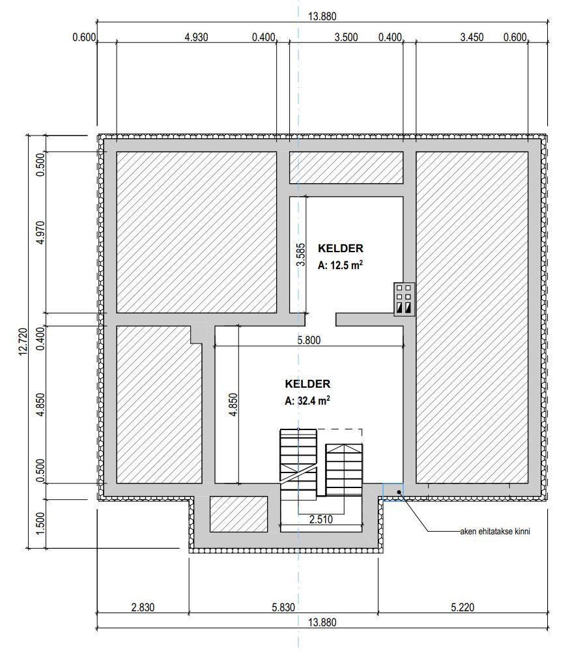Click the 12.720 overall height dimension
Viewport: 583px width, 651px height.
point(23,341)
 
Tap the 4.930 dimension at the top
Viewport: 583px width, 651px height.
point(196,37)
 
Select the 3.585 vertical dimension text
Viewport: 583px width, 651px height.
point(301,255)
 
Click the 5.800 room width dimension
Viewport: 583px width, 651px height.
point(309,340)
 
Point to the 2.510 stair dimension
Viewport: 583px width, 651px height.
point(321,519)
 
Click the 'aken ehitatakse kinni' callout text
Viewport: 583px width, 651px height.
point(495,532)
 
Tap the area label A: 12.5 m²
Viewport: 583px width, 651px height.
point(340,265)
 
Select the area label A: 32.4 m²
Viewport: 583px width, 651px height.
point(307,401)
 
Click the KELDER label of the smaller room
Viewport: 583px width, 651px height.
point(341,248)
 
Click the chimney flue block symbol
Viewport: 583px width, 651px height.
point(404,299)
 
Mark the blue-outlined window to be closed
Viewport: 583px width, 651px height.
point(393,492)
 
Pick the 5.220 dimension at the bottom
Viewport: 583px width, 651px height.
point(462,607)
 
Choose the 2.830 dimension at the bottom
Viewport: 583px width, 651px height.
point(143,607)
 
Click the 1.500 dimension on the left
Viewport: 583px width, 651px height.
point(40,524)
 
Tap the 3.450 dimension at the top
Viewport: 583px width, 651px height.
point(472,37)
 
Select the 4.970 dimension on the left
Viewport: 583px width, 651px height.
point(40,233)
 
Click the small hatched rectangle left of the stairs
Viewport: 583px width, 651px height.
point(238,514)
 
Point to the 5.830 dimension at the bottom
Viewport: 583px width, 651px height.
point(283,607)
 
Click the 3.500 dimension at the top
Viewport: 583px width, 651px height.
point(346,37)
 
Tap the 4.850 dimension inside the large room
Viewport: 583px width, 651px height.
point(233,405)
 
